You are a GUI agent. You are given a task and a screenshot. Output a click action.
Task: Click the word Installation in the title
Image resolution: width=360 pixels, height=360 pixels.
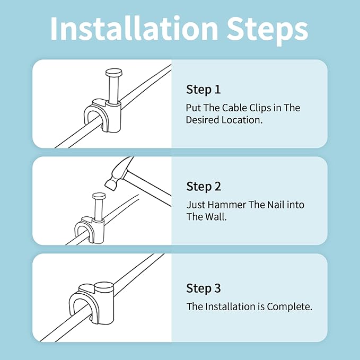(x=134, y=29)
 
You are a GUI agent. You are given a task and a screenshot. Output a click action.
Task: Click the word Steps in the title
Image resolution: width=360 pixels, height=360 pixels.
(x=267, y=31)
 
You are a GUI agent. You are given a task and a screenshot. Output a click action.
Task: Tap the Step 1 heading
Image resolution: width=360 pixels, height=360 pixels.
(x=203, y=90)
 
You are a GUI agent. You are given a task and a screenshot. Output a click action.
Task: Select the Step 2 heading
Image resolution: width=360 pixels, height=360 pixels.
(x=204, y=187)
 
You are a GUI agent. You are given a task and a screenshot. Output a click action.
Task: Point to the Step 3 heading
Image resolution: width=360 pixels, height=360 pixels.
(x=204, y=288)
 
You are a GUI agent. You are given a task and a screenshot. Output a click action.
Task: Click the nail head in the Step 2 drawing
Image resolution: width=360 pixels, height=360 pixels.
(x=99, y=196)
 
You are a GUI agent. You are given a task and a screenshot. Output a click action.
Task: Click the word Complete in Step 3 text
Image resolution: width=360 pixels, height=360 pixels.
(x=289, y=307)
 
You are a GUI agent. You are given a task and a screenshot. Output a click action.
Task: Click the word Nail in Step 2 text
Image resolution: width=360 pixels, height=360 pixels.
(x=275, y=205)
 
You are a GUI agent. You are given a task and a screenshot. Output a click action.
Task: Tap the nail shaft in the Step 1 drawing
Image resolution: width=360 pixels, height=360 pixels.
(x=113, y=90)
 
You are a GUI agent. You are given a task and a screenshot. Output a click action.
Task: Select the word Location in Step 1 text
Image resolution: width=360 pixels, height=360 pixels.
(x=242, y=120)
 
